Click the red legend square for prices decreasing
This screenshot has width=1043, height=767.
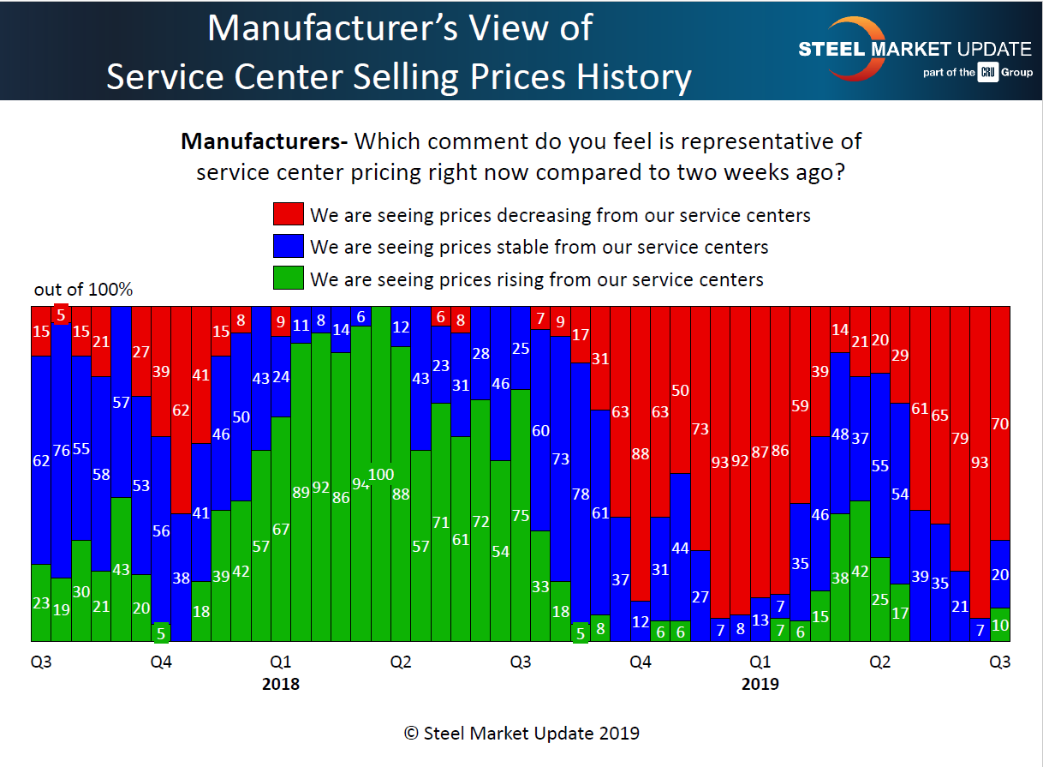point(289,214)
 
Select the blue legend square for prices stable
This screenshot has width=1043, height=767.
point(289,247)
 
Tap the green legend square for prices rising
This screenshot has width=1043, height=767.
point(289,279)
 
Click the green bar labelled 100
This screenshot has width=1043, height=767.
point(381,474)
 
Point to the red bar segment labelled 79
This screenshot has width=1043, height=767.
point(959,439)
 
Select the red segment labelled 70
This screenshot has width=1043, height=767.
point(999,422)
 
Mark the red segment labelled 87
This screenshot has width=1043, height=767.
point(760,452)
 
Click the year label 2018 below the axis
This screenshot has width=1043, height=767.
point(281,685)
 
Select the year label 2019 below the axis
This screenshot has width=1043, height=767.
point(760,685)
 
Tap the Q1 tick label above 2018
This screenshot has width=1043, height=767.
point(281,662)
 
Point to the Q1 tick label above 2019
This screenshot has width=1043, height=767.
point(760,662)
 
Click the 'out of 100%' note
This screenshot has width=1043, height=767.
point(83,290)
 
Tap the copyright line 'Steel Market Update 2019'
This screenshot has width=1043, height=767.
point(521,734)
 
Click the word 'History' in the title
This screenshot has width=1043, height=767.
point(629,77)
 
